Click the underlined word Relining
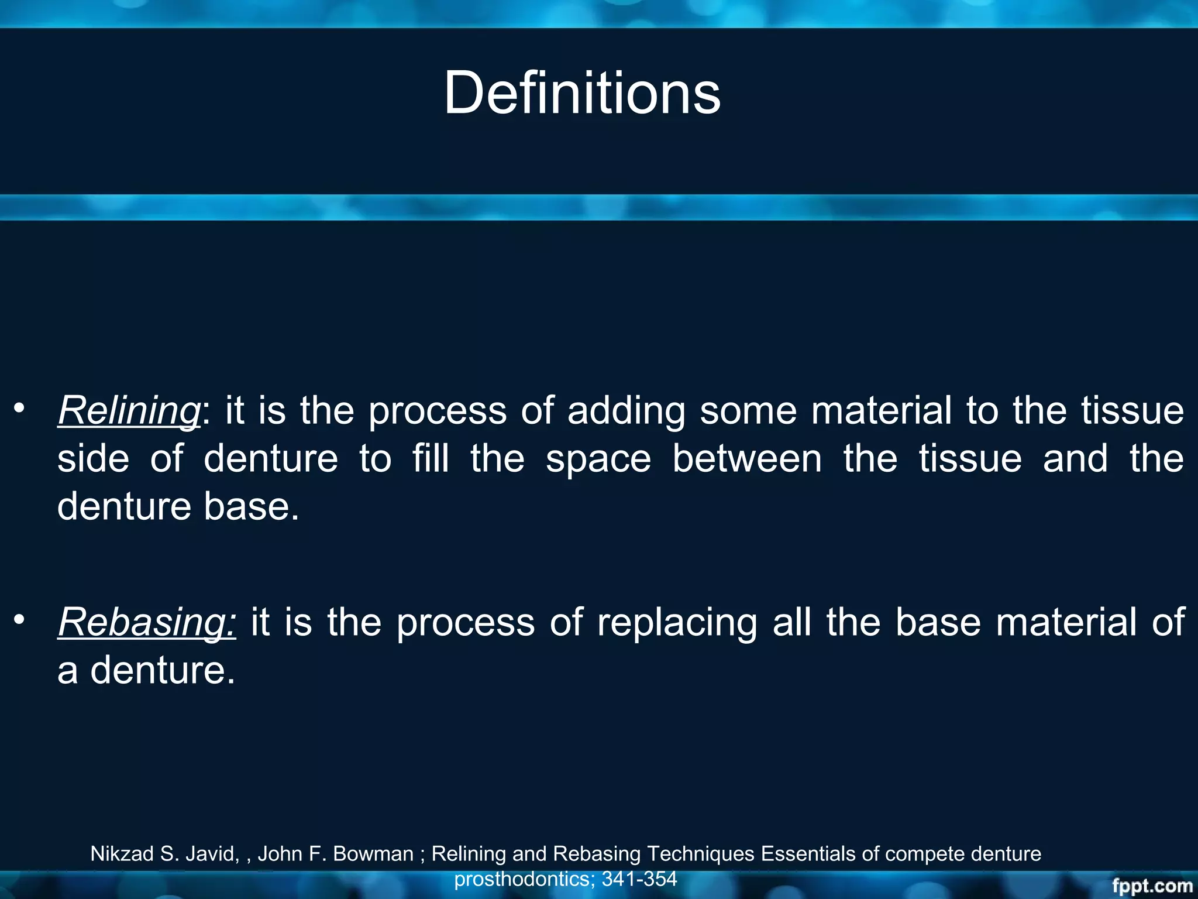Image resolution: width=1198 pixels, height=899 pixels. [129, 411]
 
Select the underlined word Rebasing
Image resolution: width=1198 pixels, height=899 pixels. [147, 622]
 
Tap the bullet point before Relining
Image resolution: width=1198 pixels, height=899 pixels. [20, 408]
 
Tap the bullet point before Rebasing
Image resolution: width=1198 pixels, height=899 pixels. [20, 619]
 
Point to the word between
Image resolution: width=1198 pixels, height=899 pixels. [747, 459]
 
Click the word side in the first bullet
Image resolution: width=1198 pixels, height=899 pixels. [93, 459]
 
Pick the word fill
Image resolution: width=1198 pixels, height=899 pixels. [431, 459]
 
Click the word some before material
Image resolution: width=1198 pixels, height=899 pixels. [748, 411]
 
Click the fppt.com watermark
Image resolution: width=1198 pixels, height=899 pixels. [1152, 886]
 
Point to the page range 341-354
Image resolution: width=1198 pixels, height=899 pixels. [639, 879]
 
